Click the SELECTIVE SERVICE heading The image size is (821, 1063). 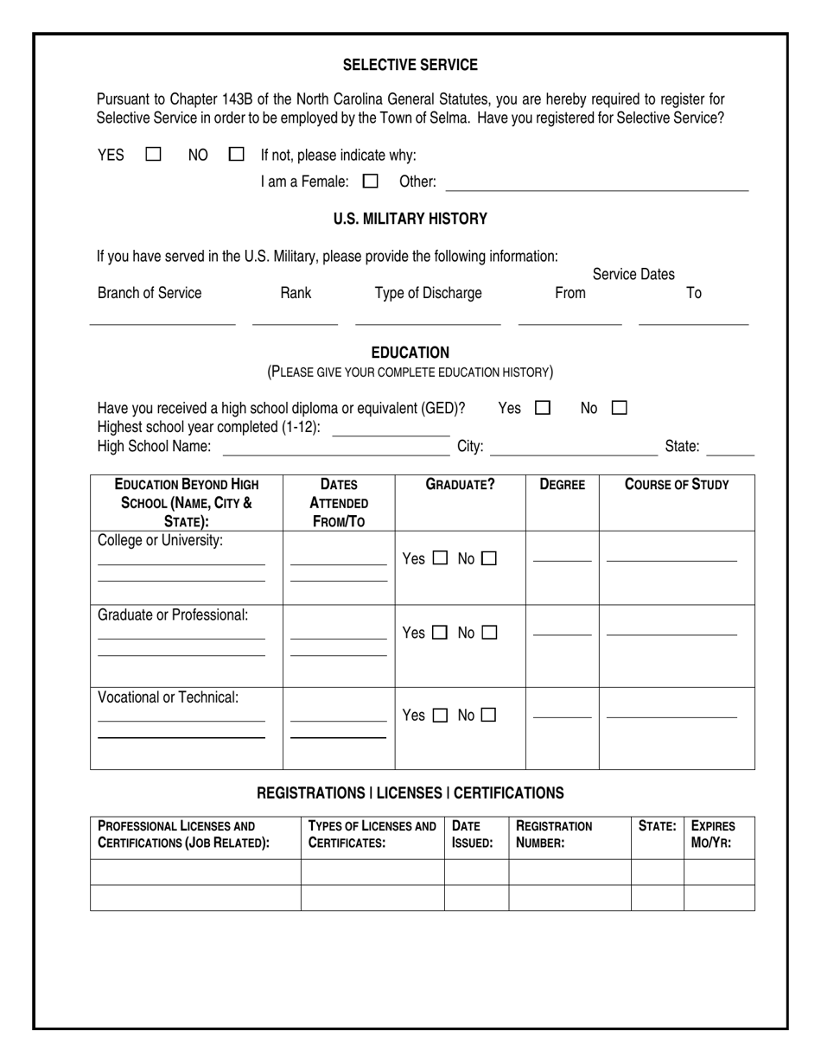410,65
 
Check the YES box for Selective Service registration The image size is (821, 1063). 153,155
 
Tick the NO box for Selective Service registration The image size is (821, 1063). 236,155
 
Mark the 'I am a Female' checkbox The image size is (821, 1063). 371,181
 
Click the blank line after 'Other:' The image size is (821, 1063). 596,184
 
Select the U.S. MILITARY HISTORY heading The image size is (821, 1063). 410,219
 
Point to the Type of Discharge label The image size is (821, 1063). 428,293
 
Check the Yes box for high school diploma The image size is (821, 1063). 543,408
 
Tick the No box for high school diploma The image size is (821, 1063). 619,408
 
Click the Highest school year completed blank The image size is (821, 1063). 391,430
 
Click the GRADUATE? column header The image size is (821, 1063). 460,485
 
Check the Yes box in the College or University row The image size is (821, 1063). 440,559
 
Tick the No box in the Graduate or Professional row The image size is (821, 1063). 489,633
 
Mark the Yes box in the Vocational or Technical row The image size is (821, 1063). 440,716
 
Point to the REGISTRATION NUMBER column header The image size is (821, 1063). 554,834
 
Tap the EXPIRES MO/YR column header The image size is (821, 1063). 713,834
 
